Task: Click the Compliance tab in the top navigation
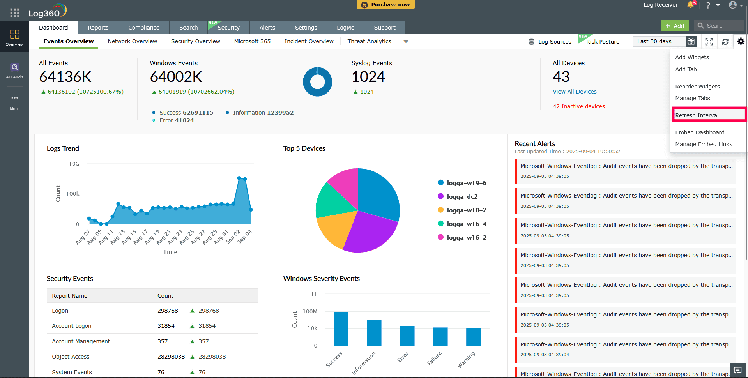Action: click(x=143, y=28)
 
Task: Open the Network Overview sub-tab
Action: click(x=132, y=41)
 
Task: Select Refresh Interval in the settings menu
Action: click(x=697, y=115)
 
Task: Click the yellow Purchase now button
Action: click(x=385, y=5)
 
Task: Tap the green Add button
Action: click(x=675, y=26)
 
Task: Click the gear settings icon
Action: click(x=741, y=41)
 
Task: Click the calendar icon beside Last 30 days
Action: click(x=691, y=41)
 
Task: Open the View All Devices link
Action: click(x=574, y=92)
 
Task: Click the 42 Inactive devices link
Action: click(x=578, y=106)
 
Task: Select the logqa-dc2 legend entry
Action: click(x=462, y=197)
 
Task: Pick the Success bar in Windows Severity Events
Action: click(x=341, y=329)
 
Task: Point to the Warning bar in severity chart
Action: click(x=473, y=337)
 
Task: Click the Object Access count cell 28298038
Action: click(x=171, y=357)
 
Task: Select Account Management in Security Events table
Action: click(x=81, y=341)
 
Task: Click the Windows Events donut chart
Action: click(x=317, y=82)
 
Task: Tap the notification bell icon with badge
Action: click(x=691, y=5)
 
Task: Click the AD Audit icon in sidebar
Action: click(x=14, y=70)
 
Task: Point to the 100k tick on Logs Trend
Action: click(x=73, y=194)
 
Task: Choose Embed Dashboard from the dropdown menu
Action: click(x=700, y=132)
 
